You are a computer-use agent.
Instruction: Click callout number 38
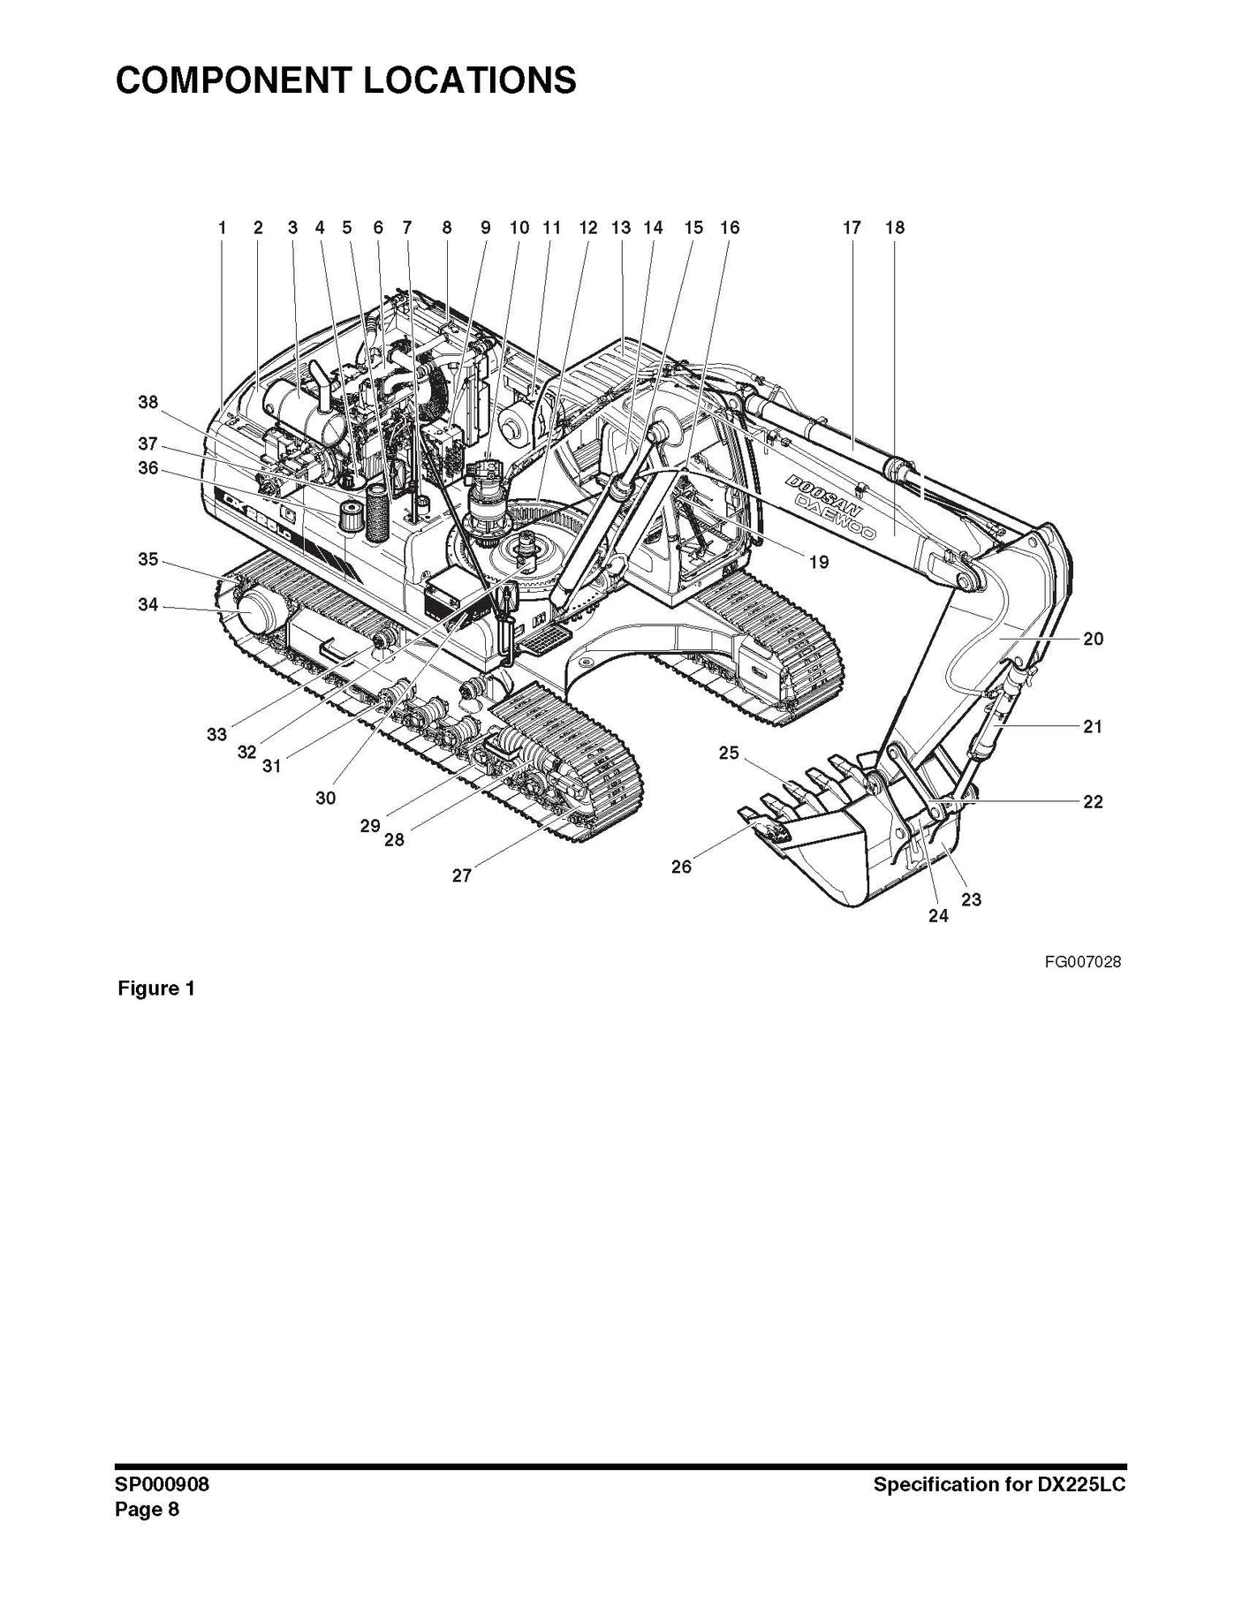148,403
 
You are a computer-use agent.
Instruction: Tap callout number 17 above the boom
852,228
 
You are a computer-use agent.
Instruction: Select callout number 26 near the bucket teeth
681,867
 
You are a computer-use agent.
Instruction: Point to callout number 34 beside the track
148,605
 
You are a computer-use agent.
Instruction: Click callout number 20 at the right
1093,639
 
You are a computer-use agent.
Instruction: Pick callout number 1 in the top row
223,228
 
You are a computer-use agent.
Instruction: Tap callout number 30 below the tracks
325,799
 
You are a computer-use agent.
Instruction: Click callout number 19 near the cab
819,562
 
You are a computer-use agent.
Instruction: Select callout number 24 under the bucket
938,917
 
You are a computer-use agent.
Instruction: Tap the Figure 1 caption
156,989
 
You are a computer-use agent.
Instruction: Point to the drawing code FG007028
1082,962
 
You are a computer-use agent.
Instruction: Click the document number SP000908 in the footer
163,1485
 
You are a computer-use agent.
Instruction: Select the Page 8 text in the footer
147,1510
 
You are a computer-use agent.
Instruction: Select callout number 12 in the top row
588,228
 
